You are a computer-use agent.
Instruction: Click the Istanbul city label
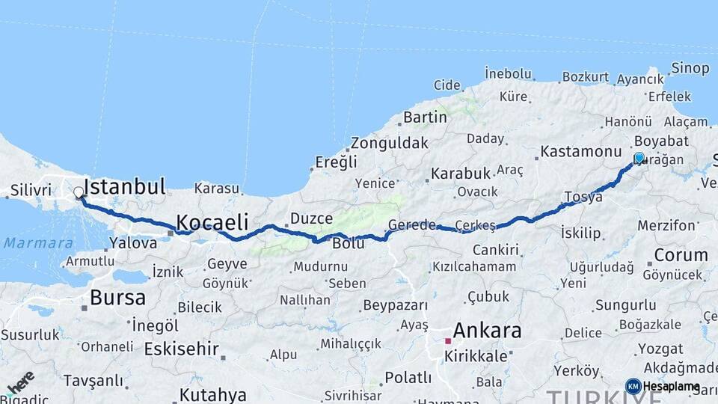click(124, 186)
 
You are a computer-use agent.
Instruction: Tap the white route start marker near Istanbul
click(79, 193)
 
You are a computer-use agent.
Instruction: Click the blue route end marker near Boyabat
click(639, 158)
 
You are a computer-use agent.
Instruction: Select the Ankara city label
click(488, 331)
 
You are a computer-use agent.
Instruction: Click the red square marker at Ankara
click(448, 341)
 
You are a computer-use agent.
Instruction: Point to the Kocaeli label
click(212, 221)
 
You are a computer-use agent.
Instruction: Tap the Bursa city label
click(117, 297)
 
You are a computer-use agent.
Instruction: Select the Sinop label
click(690, 68)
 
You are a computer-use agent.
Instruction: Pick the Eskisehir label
click(181, 349)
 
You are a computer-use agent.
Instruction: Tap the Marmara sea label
click(38, 242)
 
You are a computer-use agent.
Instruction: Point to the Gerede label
click(411, 225)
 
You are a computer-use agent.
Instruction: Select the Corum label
click(680, 255)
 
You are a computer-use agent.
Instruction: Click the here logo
click(20, 382)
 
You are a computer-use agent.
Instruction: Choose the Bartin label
click(425, 117)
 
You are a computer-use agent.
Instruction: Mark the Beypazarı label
click(395, 305)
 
